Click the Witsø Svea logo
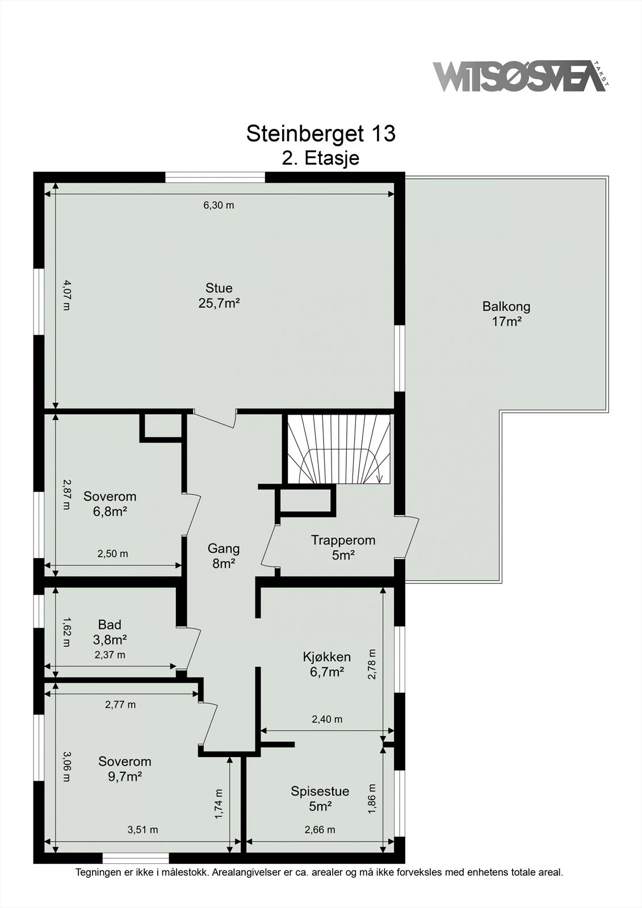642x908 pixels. tap(521, 76)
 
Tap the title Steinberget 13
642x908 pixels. tap(321, 133)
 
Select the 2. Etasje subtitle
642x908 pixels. tap(320, 158)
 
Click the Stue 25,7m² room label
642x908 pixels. tap(219, 296)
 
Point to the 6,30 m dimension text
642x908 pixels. tap(219, 205)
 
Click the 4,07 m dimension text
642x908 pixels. tap(66, 295)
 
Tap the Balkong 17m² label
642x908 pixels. tap(506, 314)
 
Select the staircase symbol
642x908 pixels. tap(339, 449)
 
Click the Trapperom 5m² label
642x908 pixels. tap(343, 547)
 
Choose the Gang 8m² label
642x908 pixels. tap(224, 556)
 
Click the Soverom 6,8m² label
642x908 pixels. tap(110, 503)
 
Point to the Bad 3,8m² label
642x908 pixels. tap(110, 632)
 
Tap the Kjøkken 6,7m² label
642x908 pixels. tap(327, 664)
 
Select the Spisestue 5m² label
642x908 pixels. tap(320, 798)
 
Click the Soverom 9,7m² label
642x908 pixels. tap(124, 769)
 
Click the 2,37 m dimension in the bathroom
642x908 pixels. tap(110, 655)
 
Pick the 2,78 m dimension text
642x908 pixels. tap(372, 664)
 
